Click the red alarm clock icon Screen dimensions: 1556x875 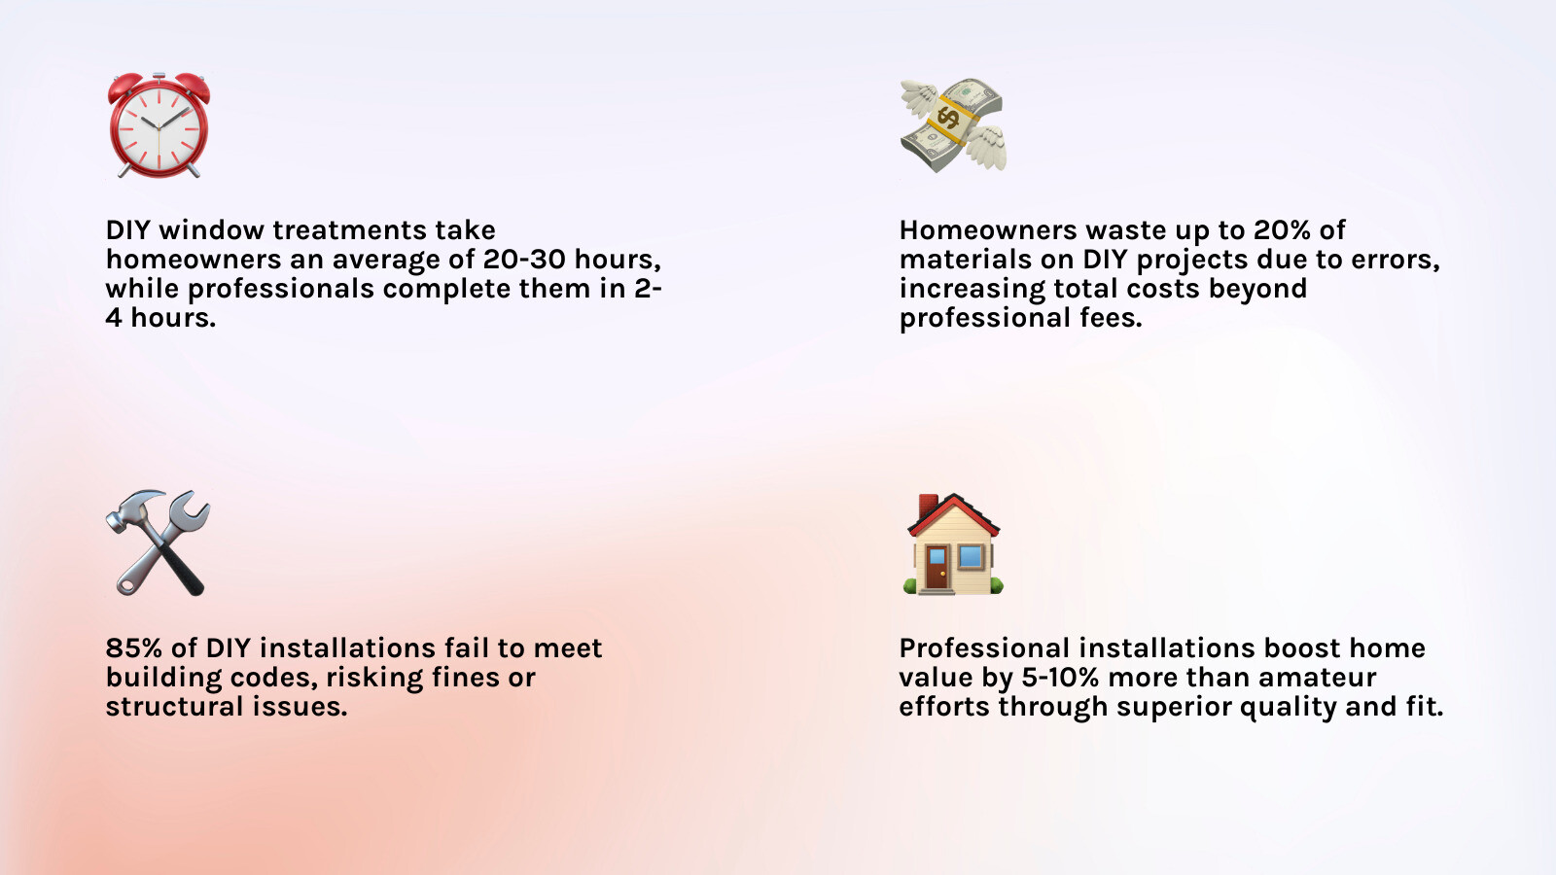pos(159,125)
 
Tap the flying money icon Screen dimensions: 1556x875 pos(953,125)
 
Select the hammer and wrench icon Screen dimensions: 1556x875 pos(158,543)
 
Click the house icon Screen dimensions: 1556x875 pos(953,543)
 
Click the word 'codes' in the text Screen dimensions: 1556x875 pos(273,678)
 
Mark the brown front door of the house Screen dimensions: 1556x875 pos(937,569)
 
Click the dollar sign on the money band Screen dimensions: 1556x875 pos(947,117)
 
